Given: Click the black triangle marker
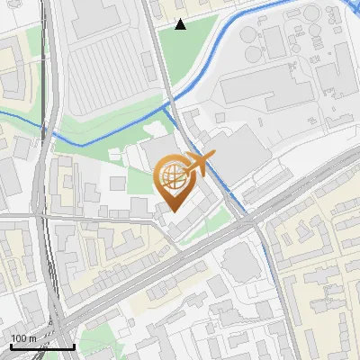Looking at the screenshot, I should [181, 24].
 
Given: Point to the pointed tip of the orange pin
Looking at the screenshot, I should [171, 211].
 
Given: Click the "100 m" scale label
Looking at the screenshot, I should [23, 337].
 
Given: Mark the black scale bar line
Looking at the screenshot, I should [41, 346].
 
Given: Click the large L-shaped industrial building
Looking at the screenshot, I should [270, 90].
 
